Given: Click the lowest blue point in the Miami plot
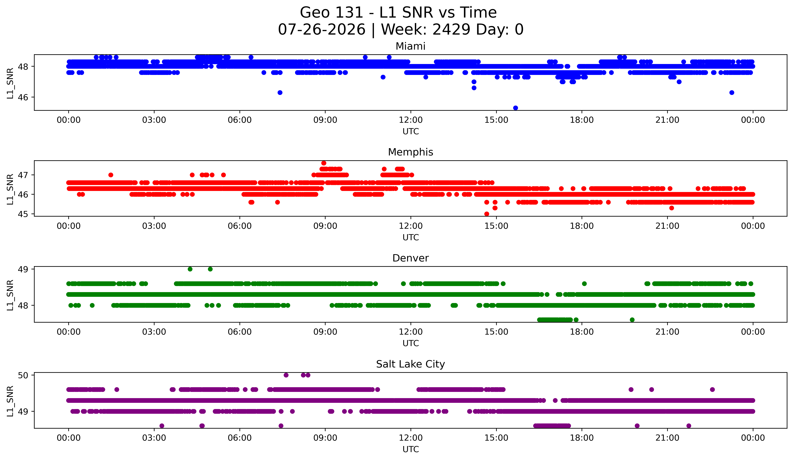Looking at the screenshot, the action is [515, 108].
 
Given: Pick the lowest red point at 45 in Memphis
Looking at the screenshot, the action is [487, 214].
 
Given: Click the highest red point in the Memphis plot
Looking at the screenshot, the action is [324, 163].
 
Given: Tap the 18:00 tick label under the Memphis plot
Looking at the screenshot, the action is [582, 226].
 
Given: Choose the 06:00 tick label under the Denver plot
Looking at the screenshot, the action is [240, 332].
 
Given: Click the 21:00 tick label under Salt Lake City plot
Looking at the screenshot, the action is [667, 438].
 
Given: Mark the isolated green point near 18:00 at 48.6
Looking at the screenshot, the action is [584, 284].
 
